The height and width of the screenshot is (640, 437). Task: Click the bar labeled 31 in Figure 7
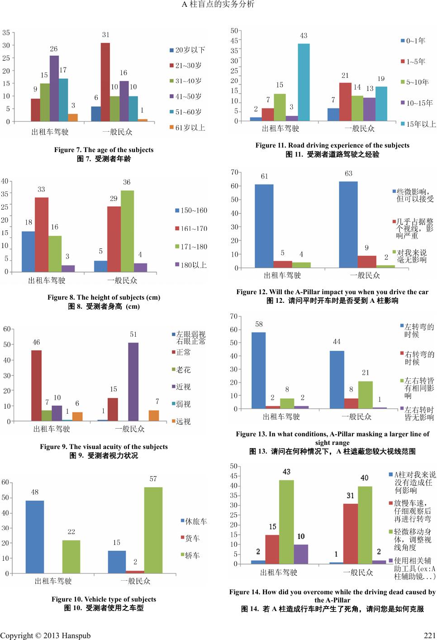click(105, 82)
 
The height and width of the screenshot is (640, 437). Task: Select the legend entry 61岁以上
click(190, 128)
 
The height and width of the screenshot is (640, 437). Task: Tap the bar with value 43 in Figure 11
click(304, 82)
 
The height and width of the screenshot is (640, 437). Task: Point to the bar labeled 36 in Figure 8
click(127, 231)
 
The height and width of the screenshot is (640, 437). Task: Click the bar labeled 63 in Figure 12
click(348, 224)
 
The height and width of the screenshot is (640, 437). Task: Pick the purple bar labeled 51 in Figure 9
click(133, 382)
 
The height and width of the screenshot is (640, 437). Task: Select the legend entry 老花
click(183, 370)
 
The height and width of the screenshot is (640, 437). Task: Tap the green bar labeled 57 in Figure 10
click(153, 530)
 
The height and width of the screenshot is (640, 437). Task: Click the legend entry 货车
click(192, 538)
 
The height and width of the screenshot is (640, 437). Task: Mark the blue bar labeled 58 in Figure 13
click(258, 370)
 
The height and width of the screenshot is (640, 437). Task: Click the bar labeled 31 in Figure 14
click(351, 533)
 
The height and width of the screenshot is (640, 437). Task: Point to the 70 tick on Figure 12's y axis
click(234, 172)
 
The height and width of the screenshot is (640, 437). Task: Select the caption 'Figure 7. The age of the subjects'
click(104, 150)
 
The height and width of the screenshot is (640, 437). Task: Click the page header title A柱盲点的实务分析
click(218, 5)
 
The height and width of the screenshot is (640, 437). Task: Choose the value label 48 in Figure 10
click(35, 492)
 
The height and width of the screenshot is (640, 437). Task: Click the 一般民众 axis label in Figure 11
click(360, 129)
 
